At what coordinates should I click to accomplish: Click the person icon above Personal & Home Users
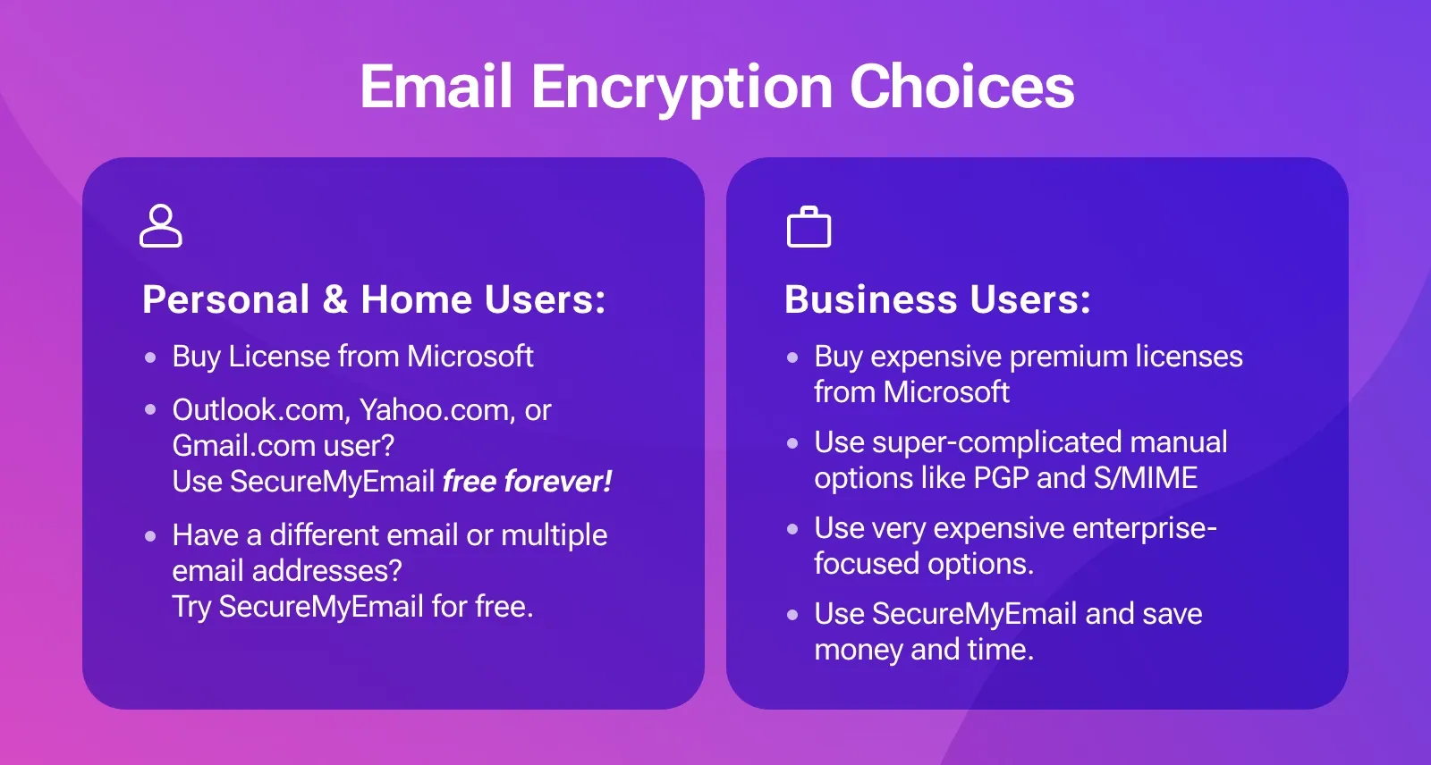point(161,225)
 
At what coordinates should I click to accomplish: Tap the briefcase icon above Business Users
point(809,227)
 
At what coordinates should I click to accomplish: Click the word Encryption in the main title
point(682,88)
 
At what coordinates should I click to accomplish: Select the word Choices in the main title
point(961,87)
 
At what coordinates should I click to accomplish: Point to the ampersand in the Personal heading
point(335,299)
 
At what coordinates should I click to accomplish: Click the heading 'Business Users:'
point(937,299)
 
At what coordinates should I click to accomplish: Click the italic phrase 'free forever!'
point(527,482)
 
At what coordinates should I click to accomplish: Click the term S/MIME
point(1146,478)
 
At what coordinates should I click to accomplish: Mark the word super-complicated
point(983,442)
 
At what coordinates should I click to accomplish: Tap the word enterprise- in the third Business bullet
point(1144,528)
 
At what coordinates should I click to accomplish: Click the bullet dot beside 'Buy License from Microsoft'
point(150,357)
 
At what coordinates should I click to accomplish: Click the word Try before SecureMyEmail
point(191,607)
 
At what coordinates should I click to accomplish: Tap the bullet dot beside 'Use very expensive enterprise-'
point(792,529)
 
